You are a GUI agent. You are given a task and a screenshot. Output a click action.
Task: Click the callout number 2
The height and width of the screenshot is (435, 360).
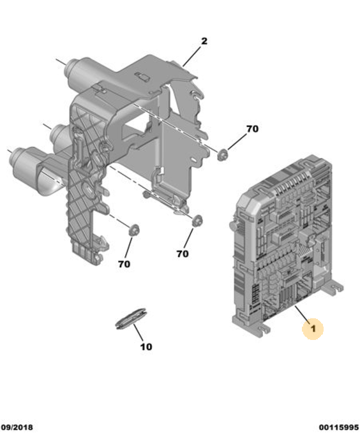click(x=204, y=41)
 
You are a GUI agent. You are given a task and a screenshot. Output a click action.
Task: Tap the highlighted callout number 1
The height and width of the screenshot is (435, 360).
click(x=313, y=328)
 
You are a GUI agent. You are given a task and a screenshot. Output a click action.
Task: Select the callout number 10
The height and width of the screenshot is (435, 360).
click(x=146, y=347)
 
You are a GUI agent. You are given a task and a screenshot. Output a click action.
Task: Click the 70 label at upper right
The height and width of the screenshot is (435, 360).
click(x=252, y=129)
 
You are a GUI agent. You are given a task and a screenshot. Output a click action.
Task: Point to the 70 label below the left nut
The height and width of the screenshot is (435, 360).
click(x=124, y=264)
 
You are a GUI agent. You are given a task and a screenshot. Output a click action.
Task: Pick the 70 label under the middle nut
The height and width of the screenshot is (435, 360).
click(x=183, y=254)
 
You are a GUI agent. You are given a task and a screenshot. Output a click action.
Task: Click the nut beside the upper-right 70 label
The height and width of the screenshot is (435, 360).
click(x=223, y=155)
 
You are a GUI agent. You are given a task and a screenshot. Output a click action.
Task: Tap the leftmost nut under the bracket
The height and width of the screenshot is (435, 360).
click(x=134, y=230)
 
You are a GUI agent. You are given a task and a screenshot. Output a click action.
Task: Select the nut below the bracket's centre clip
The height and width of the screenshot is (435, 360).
click(x=197, y=221)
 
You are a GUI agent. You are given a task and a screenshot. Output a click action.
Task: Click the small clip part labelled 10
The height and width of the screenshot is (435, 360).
click(x=130, y=318)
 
